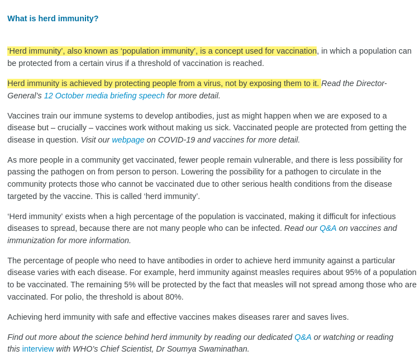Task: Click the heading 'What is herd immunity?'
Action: pyautogui.click(x=53, y=18)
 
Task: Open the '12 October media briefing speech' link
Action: pyautogui.click(x=104, y=96)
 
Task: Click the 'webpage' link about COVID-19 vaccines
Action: pyautogui.click(x=128, y=140)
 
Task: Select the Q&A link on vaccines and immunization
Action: pyautogui.click(x=328, y=228)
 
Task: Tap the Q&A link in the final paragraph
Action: pyautogui.click(x=303, y=337)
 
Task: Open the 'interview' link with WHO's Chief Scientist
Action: pyautogui.click(x=38, y=349)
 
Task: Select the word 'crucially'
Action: pyautogui.click(x=75, y=127)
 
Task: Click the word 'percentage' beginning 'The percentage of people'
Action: pyautogui.click(x=45, y=260)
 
